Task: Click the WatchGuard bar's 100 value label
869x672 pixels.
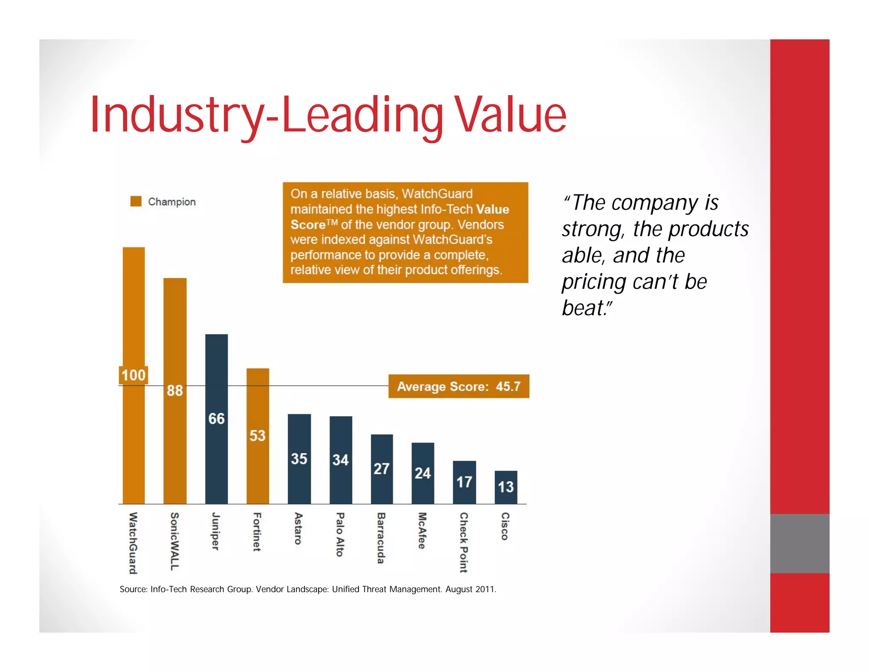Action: (133, 375)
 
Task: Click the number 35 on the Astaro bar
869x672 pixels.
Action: (299, 459)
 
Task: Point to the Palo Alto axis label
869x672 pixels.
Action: (340, 534)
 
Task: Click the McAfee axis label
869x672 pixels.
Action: (422, 531)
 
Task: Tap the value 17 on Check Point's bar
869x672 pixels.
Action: (464, 482)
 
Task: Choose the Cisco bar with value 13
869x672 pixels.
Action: (506, 487)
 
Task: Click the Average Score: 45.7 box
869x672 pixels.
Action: (459, 386)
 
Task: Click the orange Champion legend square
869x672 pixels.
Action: (136, 201)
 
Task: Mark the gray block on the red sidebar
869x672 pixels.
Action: (799, 543)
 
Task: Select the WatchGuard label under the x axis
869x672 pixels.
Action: (133, 543)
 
